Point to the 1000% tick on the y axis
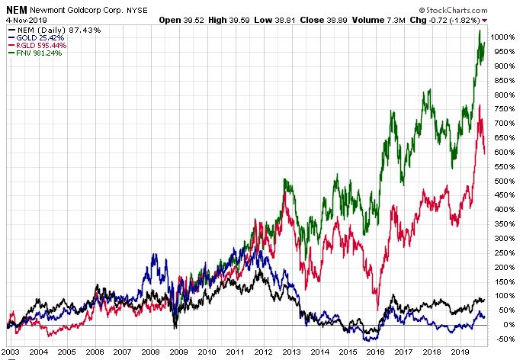[502, 37]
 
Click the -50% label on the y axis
[500, 339]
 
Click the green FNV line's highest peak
[480, 31]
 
